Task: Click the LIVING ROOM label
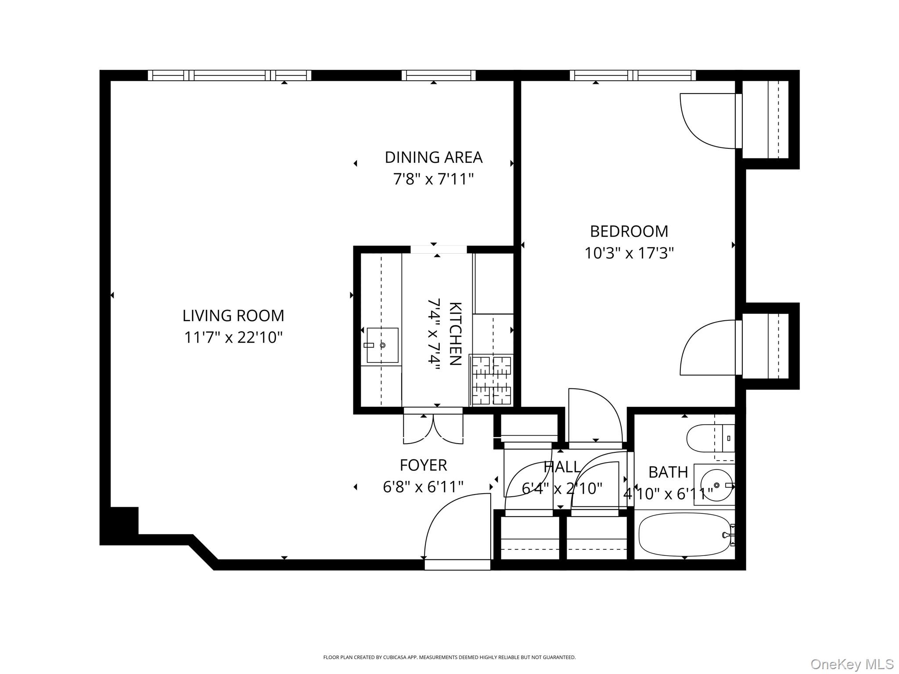pyautogui.click(x=233, y=315)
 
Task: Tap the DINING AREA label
pyautogui.click(x=433, y=157)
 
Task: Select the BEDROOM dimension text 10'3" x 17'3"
pyautogui.click(x=629, y=253)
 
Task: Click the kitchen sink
pyautogui.click(x=382, y=345)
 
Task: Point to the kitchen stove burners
pyautogui.click(x=491, y=380)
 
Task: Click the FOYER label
pyautogui.click(x=423, y=465)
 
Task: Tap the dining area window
pyautogui.click(x=438, y=75)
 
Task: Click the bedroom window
pyautogui.click(x=632, y=75)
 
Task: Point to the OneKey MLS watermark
pyautogui.click(x=852, y=664)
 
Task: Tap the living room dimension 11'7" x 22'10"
pyautogui.click(x=233, y=337)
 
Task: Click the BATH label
pyautogui.click(x=668, y=472)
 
